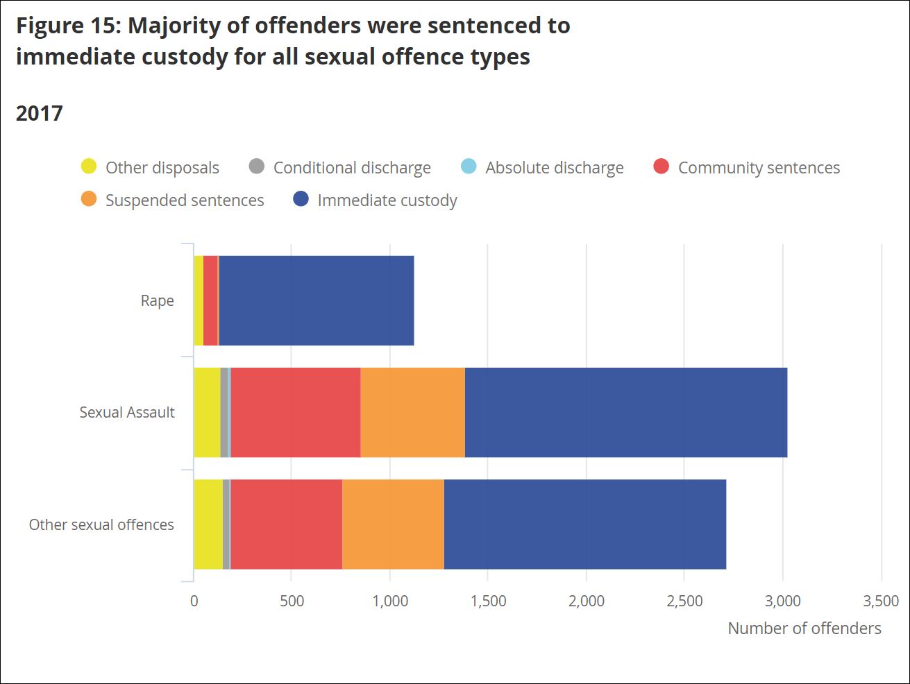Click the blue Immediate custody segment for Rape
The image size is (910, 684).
click(x=316, y=300)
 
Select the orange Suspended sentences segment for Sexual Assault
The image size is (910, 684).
click(x=412, y=412)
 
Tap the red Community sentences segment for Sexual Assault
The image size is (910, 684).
click(x=296, y=412)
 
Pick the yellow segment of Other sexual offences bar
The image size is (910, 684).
click(x=208, y=524)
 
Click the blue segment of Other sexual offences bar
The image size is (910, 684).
click(x=584, y=524)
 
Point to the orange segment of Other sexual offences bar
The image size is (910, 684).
click(x=393, y=524)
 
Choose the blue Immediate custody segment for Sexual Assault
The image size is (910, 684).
click(x=625, y=412)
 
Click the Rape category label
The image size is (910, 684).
click(x=158, y=301)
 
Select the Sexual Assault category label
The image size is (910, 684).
click(x=127, y=413)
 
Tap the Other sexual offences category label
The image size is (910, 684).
click(x=101, y=525)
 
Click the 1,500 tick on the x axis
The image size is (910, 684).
click(x=488, y=601)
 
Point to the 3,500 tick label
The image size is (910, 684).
click(x=881, y=601)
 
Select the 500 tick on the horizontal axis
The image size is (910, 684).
click(x=292, y=601)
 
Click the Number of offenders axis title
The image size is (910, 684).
click(x=804, y=629)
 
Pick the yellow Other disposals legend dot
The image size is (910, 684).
click(x=89, y=166)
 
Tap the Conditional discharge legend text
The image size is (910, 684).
click(x=352, y=168)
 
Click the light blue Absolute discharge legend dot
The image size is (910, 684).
click(x=469, y=166)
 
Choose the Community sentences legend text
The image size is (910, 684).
click(x=759, y=168)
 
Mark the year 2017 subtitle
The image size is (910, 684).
click(x=40, y=113)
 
